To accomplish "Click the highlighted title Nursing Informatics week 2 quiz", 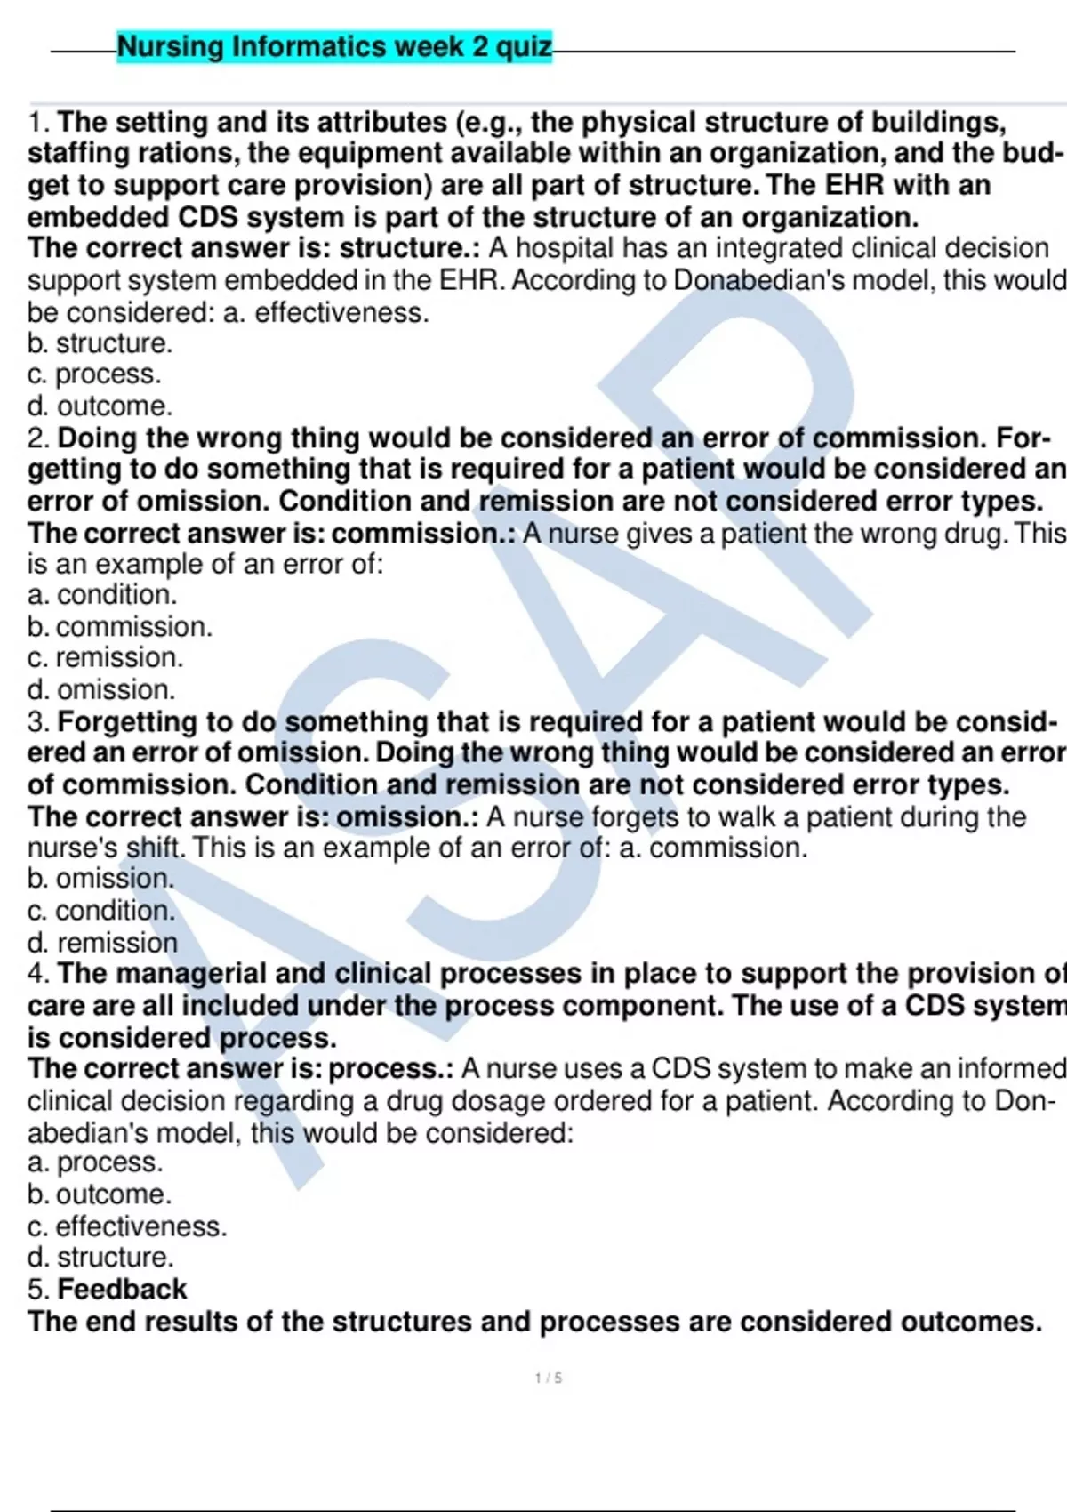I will [x=334, y=46].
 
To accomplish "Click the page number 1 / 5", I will [x=548, y=1378].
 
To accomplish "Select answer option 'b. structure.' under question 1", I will [x=100, y=343].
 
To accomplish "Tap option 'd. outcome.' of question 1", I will [x=100, y=406].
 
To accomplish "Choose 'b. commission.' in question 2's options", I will [x=120, y=627].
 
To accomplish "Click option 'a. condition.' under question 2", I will [x=102, y=595].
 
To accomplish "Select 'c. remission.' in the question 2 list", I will [x=105, y=658].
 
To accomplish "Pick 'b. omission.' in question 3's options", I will [x=100, y=879].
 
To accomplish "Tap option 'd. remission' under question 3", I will [x=102, y=942].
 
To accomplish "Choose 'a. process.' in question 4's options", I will [x=95, y=1162].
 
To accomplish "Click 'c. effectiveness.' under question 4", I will [x=127, y=1226].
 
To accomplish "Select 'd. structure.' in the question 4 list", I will [x=100, y=1258].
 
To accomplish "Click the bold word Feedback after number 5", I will [x=122, y=1290].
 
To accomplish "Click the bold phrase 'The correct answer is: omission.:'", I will [x=253, y=816].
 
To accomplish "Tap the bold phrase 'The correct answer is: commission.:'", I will [x=271, y=533].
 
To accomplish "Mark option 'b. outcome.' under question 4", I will [x=100, y=1194].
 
